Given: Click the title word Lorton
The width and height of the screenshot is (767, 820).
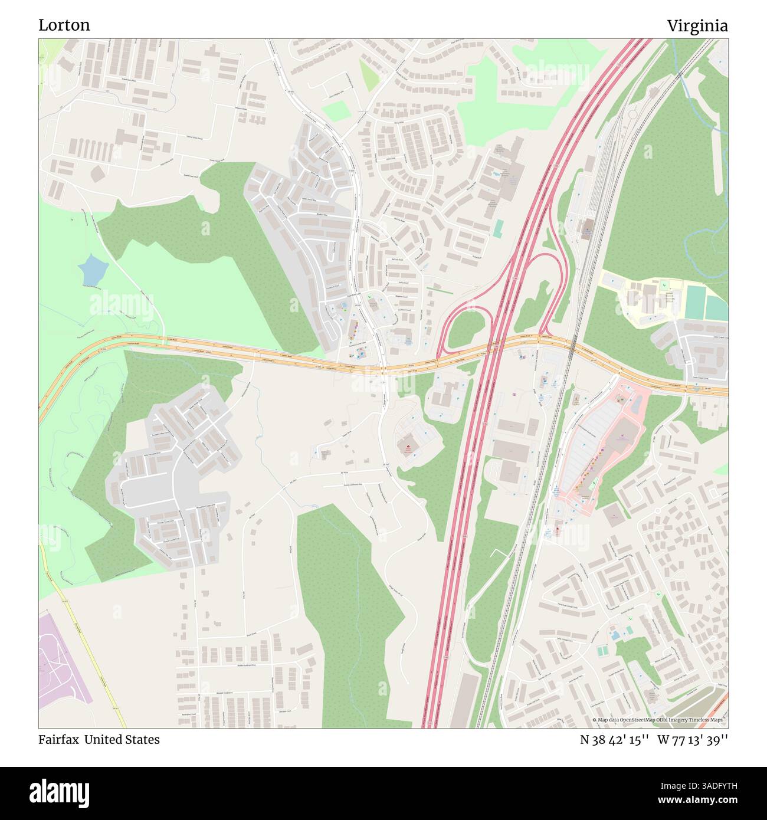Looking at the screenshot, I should (x=64, y=25).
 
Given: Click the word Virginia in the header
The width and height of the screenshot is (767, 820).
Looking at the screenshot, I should (x=697, y=26).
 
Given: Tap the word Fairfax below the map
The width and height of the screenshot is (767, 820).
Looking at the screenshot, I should (x=59, y=739).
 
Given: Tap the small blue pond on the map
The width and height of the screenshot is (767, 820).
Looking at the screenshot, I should (x=93, y=270).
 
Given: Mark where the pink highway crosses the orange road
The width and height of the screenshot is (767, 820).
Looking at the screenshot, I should (x=494, y=349).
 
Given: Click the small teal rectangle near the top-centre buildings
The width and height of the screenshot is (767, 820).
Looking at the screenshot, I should (x=499, y=228).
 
